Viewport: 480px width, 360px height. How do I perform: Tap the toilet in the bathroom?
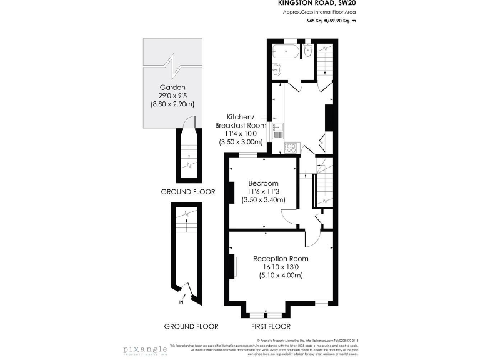tap(309, 50)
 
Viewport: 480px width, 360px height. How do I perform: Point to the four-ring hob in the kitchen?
tap(291, 148)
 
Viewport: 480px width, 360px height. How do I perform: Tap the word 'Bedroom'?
tap(264, 182)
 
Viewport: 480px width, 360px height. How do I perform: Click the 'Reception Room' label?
tap(281, 258)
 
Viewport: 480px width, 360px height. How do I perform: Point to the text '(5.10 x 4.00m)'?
tap(281, 275)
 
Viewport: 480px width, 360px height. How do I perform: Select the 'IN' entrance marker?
tap(181, 302)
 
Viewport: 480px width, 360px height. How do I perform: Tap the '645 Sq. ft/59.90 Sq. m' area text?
tap(331, 21)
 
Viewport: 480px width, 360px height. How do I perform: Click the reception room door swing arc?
tap(311, 239)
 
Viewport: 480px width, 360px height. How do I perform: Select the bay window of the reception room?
tap(266, 311)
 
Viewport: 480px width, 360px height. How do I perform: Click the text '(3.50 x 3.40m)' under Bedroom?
tap(264, 200)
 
